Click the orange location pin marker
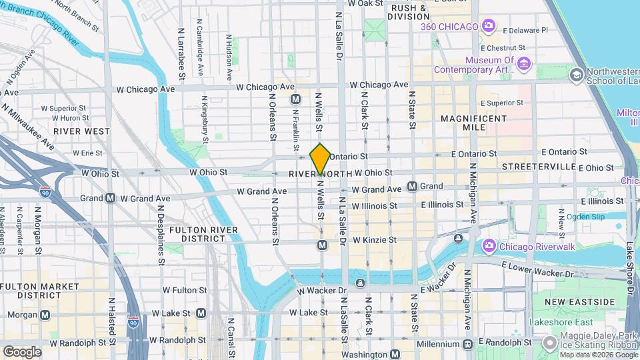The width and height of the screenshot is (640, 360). coord(320,159)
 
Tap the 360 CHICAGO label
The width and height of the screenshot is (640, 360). coord(449,27)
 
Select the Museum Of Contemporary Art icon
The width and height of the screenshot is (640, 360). coord(523,63)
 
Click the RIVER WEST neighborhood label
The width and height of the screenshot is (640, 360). coord(81,131)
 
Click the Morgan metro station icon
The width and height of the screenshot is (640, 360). coord(45,315)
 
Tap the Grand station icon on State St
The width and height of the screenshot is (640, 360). coord(413,187)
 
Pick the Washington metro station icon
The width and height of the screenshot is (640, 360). coord(395,355)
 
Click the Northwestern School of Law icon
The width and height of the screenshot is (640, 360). coord(576,75)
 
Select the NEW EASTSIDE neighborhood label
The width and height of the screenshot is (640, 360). coord(579,302)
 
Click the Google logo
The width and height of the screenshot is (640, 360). coord(22,351)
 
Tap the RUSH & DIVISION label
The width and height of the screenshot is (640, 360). coord(410,12)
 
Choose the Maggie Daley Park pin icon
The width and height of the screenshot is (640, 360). coord(550,343)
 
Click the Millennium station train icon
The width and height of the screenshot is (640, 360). coord(467,343)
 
